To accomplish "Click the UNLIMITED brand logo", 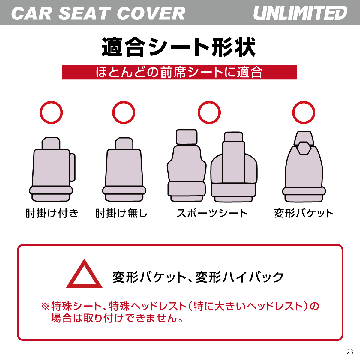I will coord(300,13).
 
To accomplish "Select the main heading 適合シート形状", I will coord(179,47).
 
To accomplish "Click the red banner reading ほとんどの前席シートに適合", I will coord(179,72).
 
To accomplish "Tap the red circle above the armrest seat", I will coord(51,112).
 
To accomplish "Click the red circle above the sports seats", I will coord(209,112).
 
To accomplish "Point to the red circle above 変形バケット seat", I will coord(304,112).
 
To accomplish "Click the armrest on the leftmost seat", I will coord(72,167).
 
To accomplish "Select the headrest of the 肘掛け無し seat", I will coord(124,144).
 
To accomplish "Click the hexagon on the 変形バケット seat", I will coord(304,148).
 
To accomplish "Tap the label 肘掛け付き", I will coord(52,213).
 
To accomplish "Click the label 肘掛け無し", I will coord(121,213).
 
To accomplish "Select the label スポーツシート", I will coord(212,213).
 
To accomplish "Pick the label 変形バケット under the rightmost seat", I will coord(304,213).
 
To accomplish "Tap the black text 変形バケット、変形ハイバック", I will coord(198,277).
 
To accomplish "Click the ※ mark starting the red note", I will coord(45,306).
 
